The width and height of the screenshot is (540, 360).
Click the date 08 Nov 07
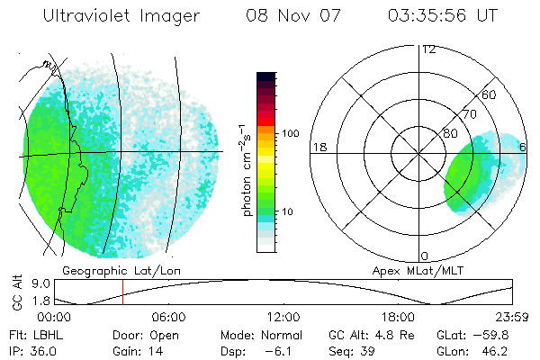coord(284,16)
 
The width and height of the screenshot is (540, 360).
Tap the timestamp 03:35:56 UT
coord(441,16)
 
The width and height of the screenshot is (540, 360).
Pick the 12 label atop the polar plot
coord(428,49)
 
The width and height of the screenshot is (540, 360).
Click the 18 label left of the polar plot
coord(318,147)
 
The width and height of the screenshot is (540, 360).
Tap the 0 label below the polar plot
coord(425,256)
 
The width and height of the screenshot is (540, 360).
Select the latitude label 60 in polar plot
coord(490,94)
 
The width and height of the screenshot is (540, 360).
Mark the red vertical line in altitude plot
coord(122,293)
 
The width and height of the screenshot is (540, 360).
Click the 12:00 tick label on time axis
coord(283,317)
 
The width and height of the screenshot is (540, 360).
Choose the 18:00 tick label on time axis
coord(398,317)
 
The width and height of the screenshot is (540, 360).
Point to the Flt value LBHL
coord(44,335)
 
